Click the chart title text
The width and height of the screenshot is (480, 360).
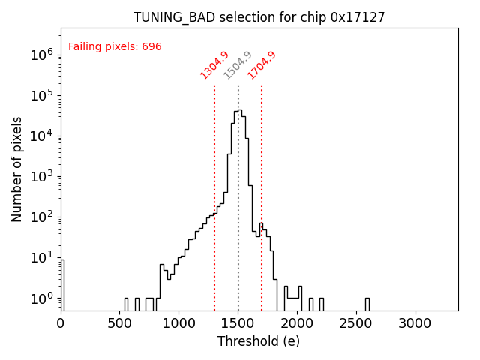259,17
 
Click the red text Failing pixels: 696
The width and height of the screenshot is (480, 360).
115,47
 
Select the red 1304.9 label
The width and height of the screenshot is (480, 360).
214,64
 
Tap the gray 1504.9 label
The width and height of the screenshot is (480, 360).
238,65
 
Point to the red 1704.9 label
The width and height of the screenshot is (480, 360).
262,64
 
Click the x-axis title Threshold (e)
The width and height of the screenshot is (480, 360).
259,341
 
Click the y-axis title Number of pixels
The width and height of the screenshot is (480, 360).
17,169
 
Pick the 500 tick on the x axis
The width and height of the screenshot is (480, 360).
120,322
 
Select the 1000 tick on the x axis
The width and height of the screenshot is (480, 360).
179,322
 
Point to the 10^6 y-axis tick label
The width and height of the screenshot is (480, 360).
42,55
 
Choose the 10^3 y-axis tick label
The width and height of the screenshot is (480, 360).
42,177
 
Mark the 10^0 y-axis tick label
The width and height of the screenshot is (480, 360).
42,298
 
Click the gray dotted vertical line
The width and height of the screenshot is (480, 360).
238,187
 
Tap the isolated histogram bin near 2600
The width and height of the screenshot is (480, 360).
367,303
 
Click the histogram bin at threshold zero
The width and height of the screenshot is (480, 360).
62,285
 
